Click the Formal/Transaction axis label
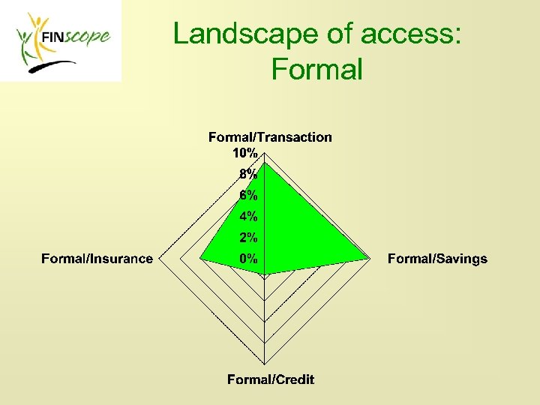[270, 137]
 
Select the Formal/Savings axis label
[437, 259]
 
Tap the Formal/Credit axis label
[271, 379]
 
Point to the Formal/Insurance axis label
[97, 259]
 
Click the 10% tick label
[244, 153]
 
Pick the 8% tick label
[248, 174]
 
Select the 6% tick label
[248, 195]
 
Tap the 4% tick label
[248, 217]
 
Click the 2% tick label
[248, 238]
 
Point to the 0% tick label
[248, 259]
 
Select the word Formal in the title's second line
[317, 69]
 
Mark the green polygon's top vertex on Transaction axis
[265, 160]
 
